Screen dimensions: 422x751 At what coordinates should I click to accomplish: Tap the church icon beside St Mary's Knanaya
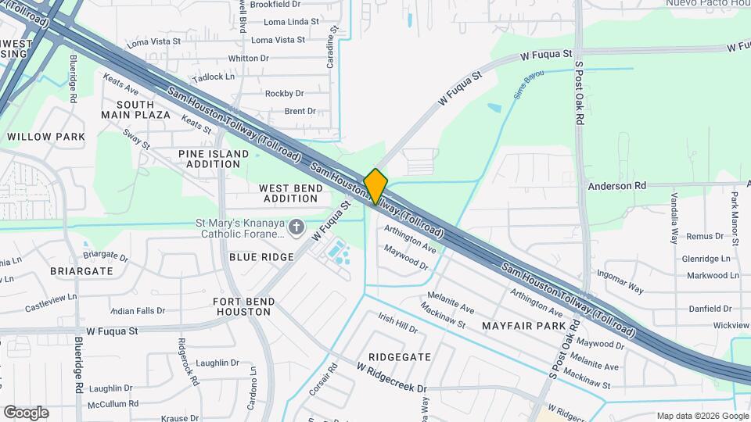(296, 227)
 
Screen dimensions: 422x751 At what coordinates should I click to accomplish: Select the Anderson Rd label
(617, 186)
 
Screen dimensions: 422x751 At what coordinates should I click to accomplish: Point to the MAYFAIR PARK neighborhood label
(523, 324)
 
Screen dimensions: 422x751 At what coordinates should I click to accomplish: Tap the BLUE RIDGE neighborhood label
(261, 257)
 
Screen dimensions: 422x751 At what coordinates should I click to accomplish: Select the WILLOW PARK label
(45, 137)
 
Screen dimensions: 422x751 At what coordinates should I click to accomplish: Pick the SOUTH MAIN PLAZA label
(135, 109)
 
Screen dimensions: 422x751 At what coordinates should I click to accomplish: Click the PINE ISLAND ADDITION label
(209, 159)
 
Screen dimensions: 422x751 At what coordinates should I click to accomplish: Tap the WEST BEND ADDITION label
(290, 193)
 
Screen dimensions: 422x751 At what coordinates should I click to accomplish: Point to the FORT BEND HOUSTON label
(243, 306)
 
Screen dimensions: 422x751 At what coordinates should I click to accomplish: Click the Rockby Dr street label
(284, 94)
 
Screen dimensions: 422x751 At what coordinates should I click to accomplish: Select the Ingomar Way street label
(620, 282)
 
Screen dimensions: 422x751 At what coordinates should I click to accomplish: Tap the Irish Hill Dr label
(397, 323)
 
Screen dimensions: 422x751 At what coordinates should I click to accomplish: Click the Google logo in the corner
(26, 413)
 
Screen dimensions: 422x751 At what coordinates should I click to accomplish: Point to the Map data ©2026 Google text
(702, 416)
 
